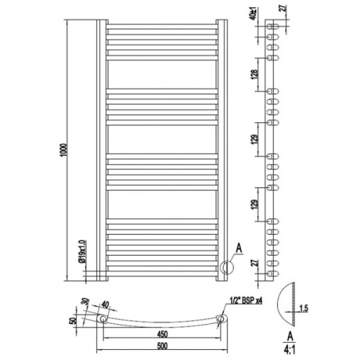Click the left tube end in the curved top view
tap(104, 318)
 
